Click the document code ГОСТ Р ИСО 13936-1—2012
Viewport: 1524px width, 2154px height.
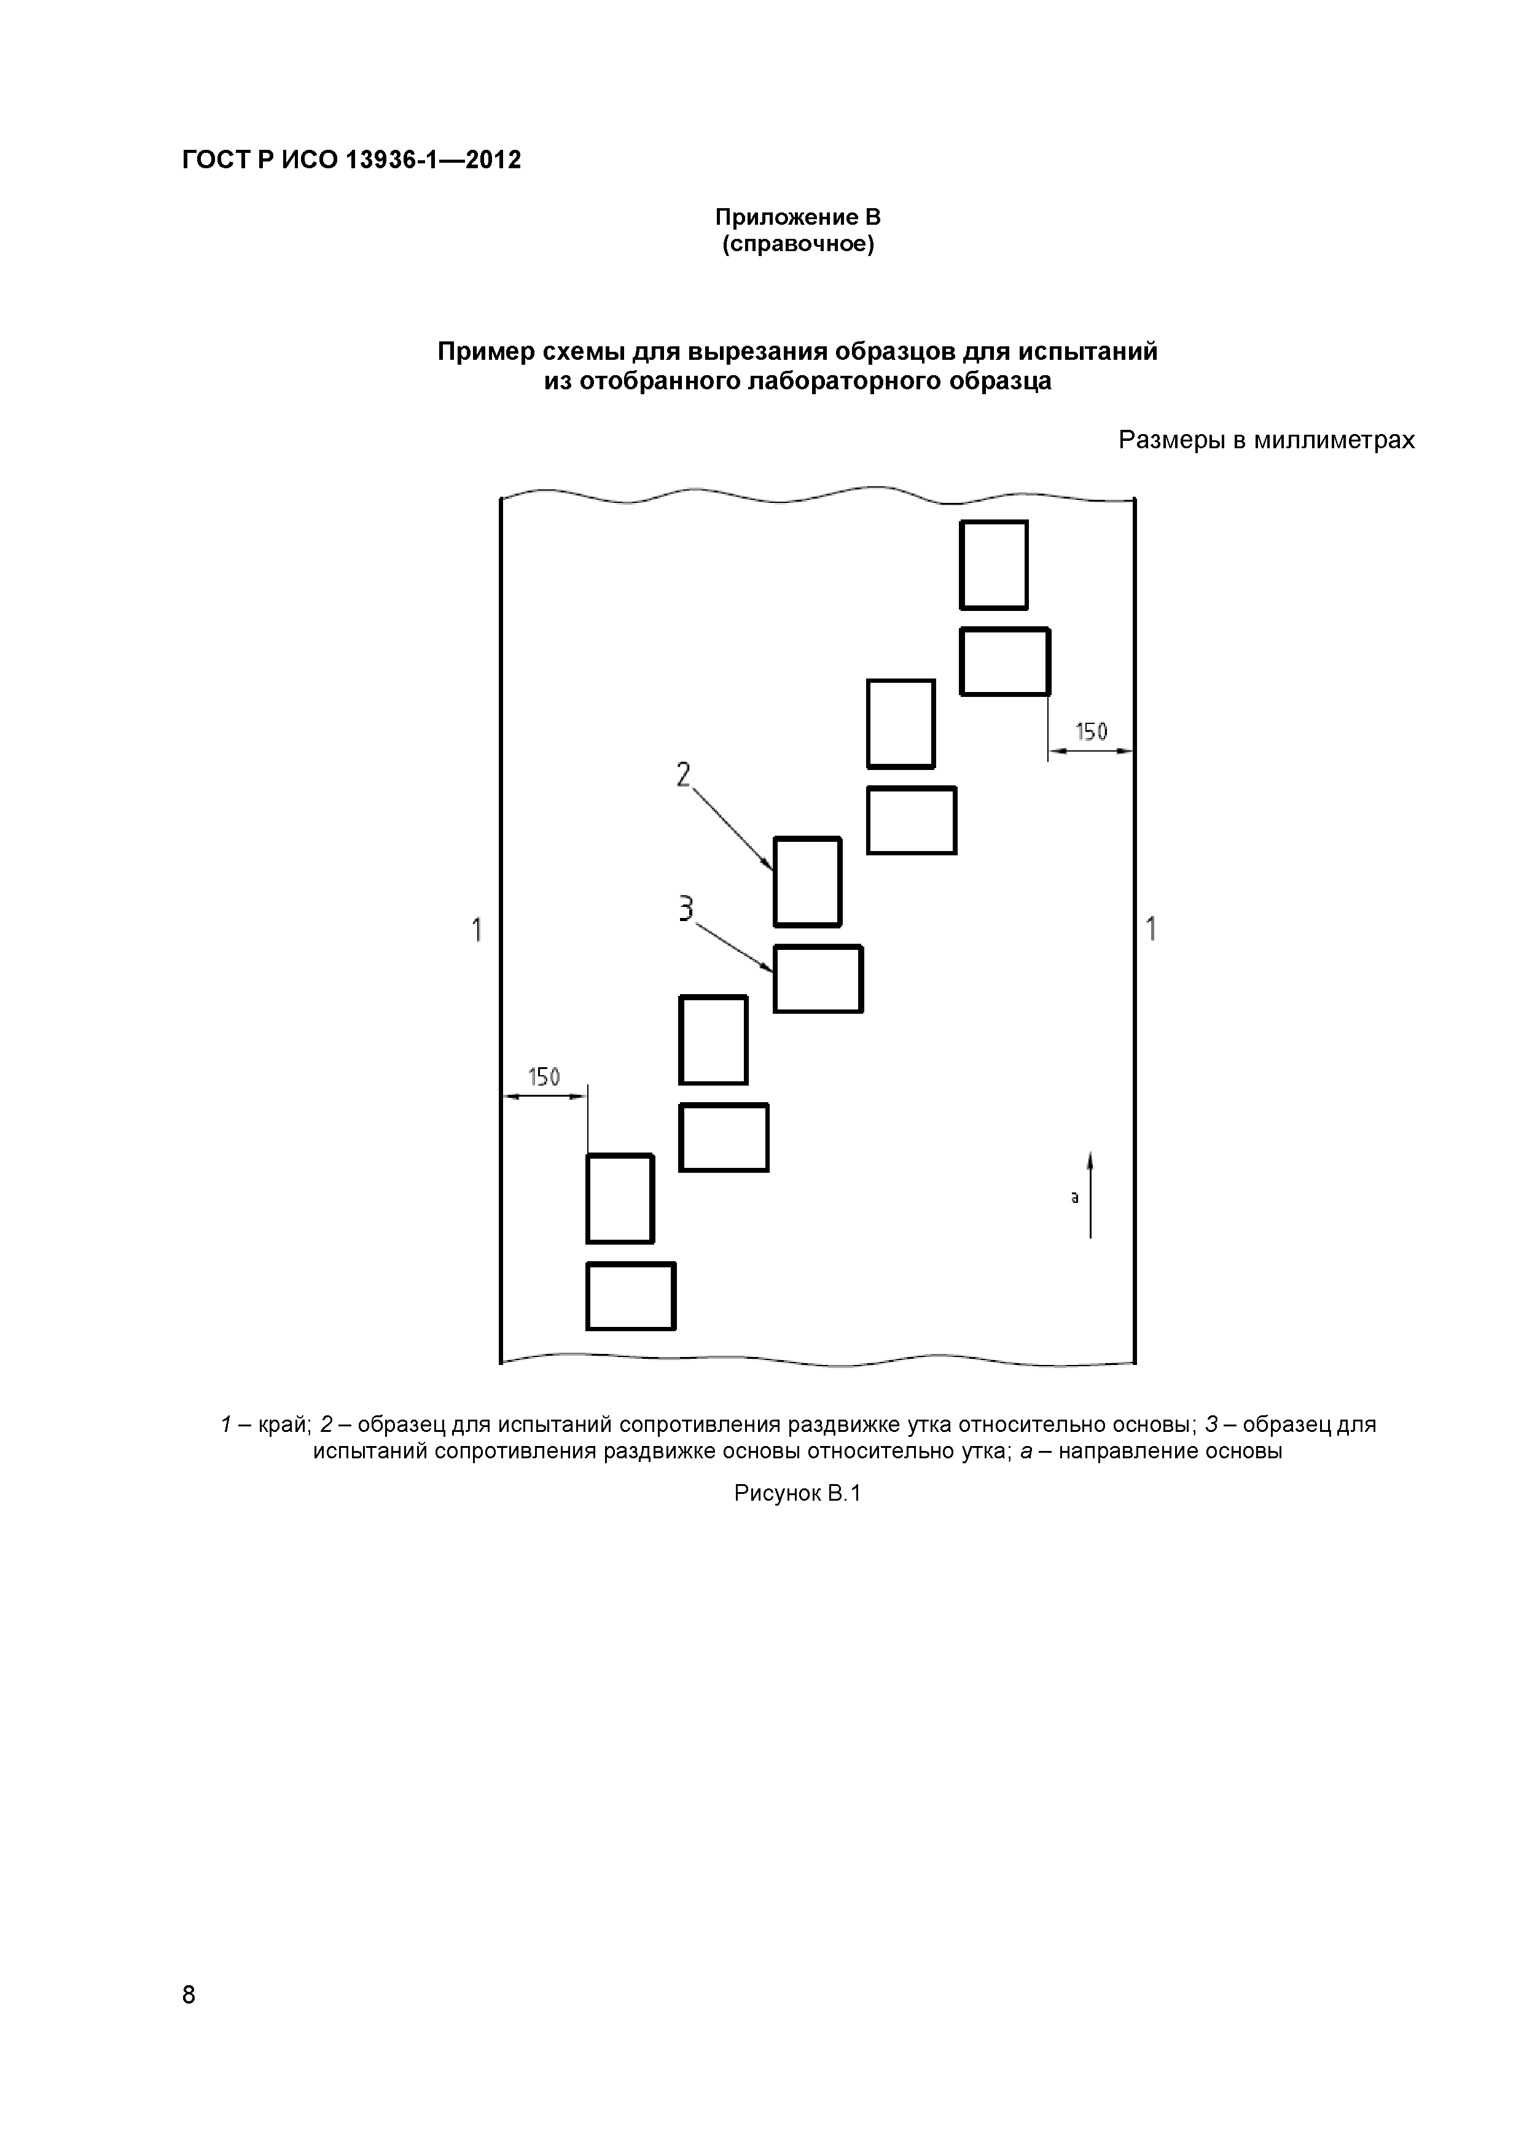click(351, 160)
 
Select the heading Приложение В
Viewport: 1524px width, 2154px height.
click(798, 217)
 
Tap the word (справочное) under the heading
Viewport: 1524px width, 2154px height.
click(798, 245)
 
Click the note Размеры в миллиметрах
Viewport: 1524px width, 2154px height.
click(1266, 440)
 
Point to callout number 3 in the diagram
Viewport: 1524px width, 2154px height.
click(686, 908)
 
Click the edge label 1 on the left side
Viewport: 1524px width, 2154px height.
click(477, 930)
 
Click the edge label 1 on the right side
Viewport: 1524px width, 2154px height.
click(1151, 929)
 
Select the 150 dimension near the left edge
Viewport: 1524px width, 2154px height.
click(544, 1077)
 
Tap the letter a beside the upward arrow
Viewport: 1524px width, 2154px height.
click(1074, 1197)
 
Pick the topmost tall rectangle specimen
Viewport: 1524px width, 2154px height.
click(994, 565)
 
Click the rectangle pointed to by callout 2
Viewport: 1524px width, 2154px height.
click(807, 882)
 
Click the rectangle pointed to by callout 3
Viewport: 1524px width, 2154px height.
click(818, 979)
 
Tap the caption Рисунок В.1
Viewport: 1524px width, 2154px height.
click(797, 1493)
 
